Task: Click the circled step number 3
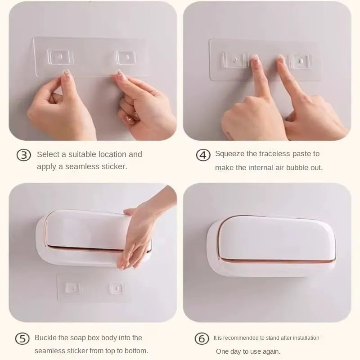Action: pos(23,155)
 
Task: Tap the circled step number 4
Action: pos(203,155)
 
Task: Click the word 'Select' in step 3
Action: pos(48,154)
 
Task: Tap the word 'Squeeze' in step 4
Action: pos(229,154)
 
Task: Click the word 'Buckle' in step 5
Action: pos(46,337)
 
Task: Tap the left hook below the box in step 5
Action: pos(71,288)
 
